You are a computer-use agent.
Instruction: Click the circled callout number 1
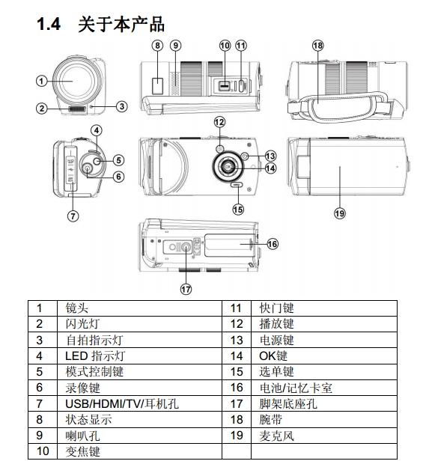pyautogui.click(x=42, y=81)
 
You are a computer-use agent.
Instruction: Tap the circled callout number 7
pyautogui.click(x=73, y=216)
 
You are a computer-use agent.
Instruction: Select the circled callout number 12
pyautogui.click(x=220, y=122)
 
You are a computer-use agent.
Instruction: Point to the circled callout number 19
pyautogui.click(x=340, y=213)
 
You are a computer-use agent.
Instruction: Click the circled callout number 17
pyautogui.click(x=186, y=289)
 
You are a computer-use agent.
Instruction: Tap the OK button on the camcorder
pyautogui.click(x=228, y=167)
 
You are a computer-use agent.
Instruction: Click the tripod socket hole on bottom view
pyautogui.click(x=186, y=247)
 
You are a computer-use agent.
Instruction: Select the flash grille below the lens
pyautogui.click(x=77, y=109)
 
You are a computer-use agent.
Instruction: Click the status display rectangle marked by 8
pyautogui.click(x=158, y=86)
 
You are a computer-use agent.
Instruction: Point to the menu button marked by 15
pyautogui.click(x=237, y=185)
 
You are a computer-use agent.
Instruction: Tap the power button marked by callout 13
pyautogui.click(x=245, y=156)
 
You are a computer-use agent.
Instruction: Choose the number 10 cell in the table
pyautogui.click(x=43, y=451)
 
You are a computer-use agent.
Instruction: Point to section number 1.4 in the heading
pyautogui.click(x=49, y=24)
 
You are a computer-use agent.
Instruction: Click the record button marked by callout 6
pyautogui.click(x=87, y=168)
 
